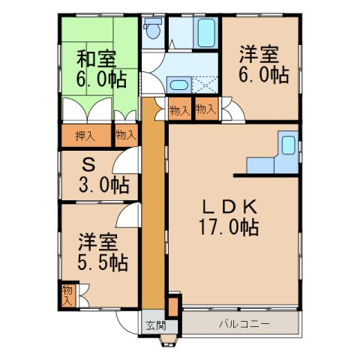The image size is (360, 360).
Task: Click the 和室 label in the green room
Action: point(95,57)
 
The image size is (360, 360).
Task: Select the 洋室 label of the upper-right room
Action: point(259,55)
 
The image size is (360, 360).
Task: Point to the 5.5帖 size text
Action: point(102,263)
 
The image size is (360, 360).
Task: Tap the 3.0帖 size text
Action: point(103,184)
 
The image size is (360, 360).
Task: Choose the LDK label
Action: point(229,207)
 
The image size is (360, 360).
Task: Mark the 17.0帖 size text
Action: point(229,227)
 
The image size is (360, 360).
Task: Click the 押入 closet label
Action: point(85,136)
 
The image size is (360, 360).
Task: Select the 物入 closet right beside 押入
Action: point(125,136)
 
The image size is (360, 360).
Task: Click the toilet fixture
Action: point(153,31)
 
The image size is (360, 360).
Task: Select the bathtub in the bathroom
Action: point(205,32)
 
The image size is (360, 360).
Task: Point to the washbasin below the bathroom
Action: point(178,85)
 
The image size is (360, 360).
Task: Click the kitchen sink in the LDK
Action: point(287,144)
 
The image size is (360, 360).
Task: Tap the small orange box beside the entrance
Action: point(173,306)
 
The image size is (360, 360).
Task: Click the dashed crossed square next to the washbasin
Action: point(205,85)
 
